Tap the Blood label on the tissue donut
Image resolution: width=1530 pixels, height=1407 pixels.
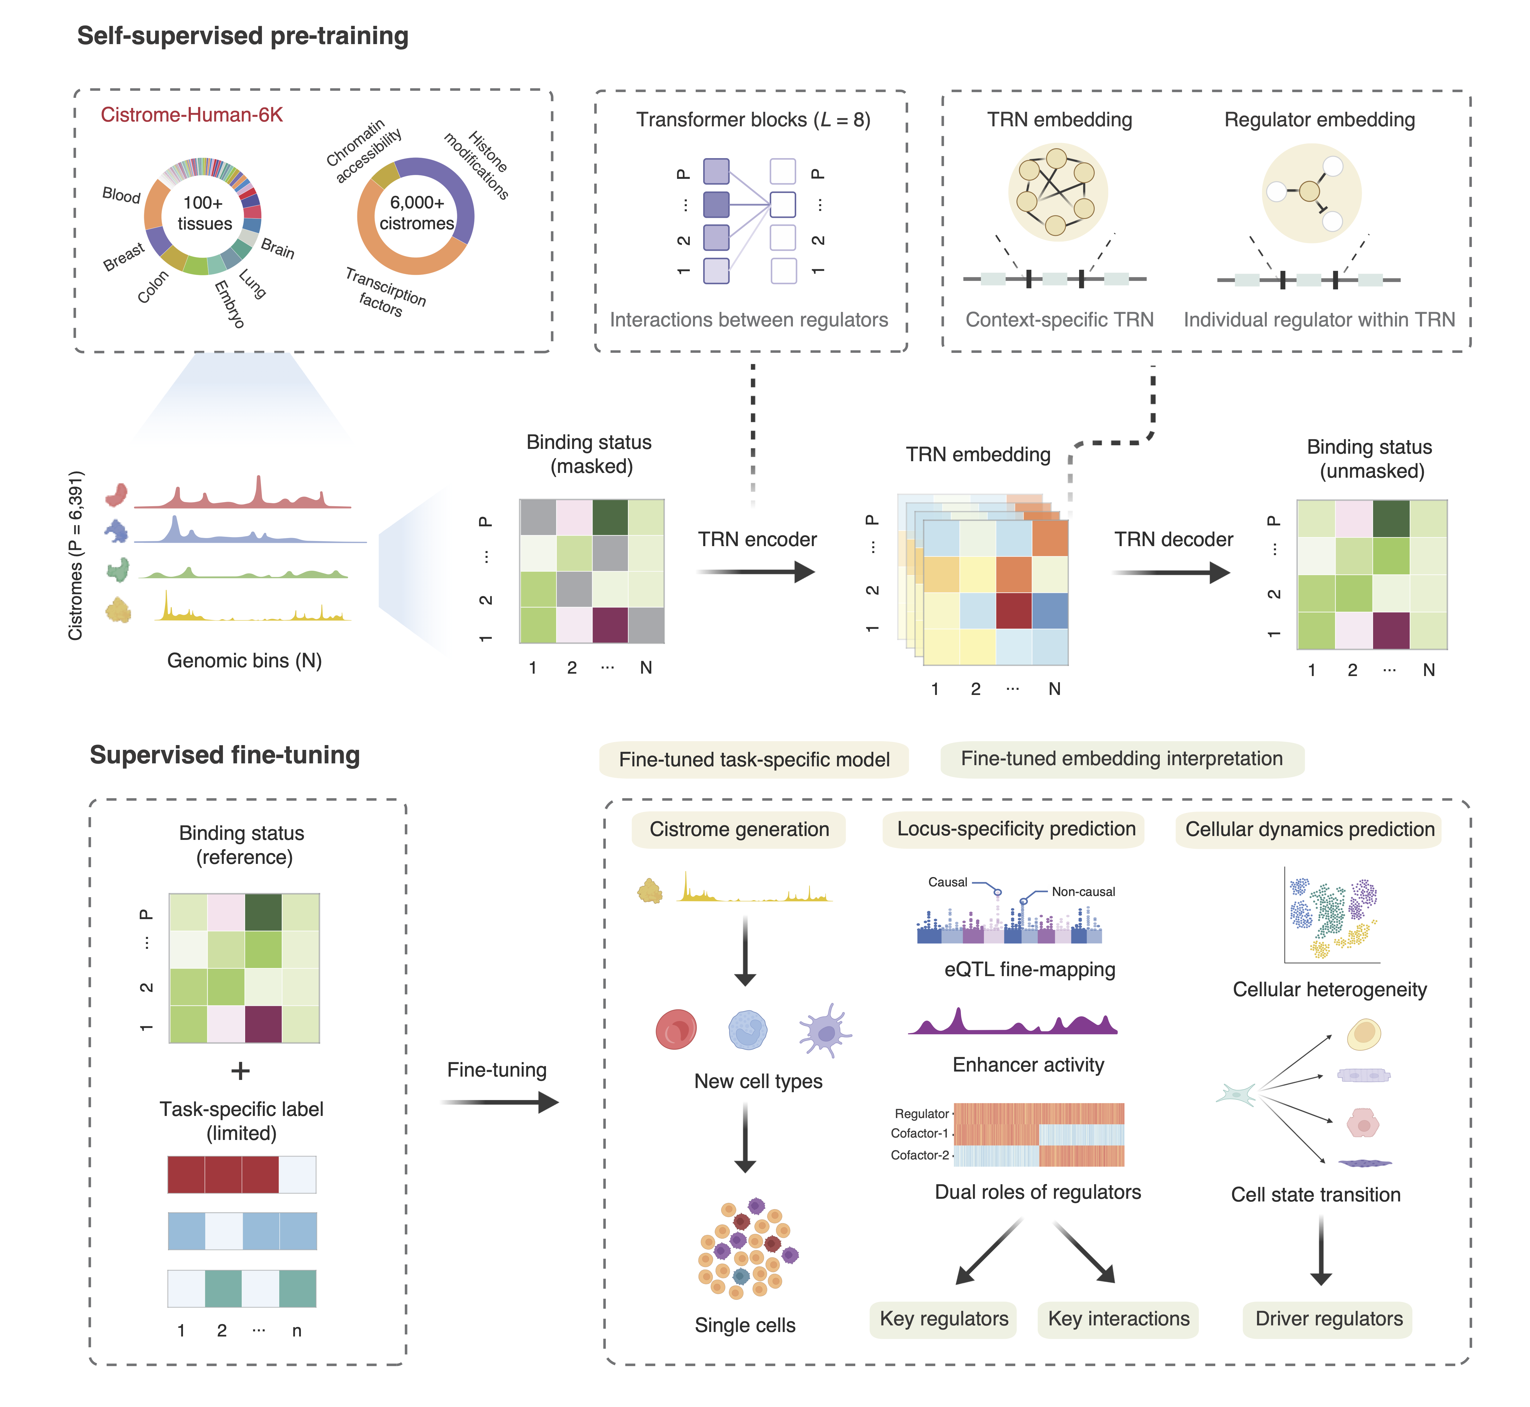pos(121,195)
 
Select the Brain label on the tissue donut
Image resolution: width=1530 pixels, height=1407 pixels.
pos(277,248)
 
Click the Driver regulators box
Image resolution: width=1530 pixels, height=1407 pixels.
pos(1328,1319)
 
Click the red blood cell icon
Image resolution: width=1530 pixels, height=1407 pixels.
pos(675,1029)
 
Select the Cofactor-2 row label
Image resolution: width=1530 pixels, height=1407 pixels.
pos(919,1155)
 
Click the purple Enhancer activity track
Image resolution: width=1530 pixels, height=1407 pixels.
pos(1012,1024)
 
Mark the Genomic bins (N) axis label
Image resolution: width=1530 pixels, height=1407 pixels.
pos(244,661)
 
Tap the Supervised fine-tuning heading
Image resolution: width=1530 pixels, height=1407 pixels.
pos(225,755)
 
